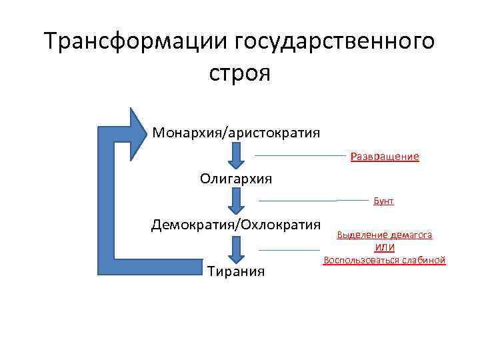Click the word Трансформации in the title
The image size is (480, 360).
tap(135, 41)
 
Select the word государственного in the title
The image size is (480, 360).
tap(335, 41)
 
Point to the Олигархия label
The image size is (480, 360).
tap(236, 179)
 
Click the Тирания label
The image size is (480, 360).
tap(236, 271)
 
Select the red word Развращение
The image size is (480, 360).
tap(385, 157)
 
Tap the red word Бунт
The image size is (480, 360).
tap(383, 201)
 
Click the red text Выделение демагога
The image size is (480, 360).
tap(385, 235)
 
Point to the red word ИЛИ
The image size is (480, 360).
tap(385, 247)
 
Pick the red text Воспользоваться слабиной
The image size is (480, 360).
tap(385, 260)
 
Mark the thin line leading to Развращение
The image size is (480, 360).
tap(300, 155)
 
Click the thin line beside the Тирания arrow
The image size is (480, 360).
tap(284, 250)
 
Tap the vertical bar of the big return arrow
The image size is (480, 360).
tap(107, 200)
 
